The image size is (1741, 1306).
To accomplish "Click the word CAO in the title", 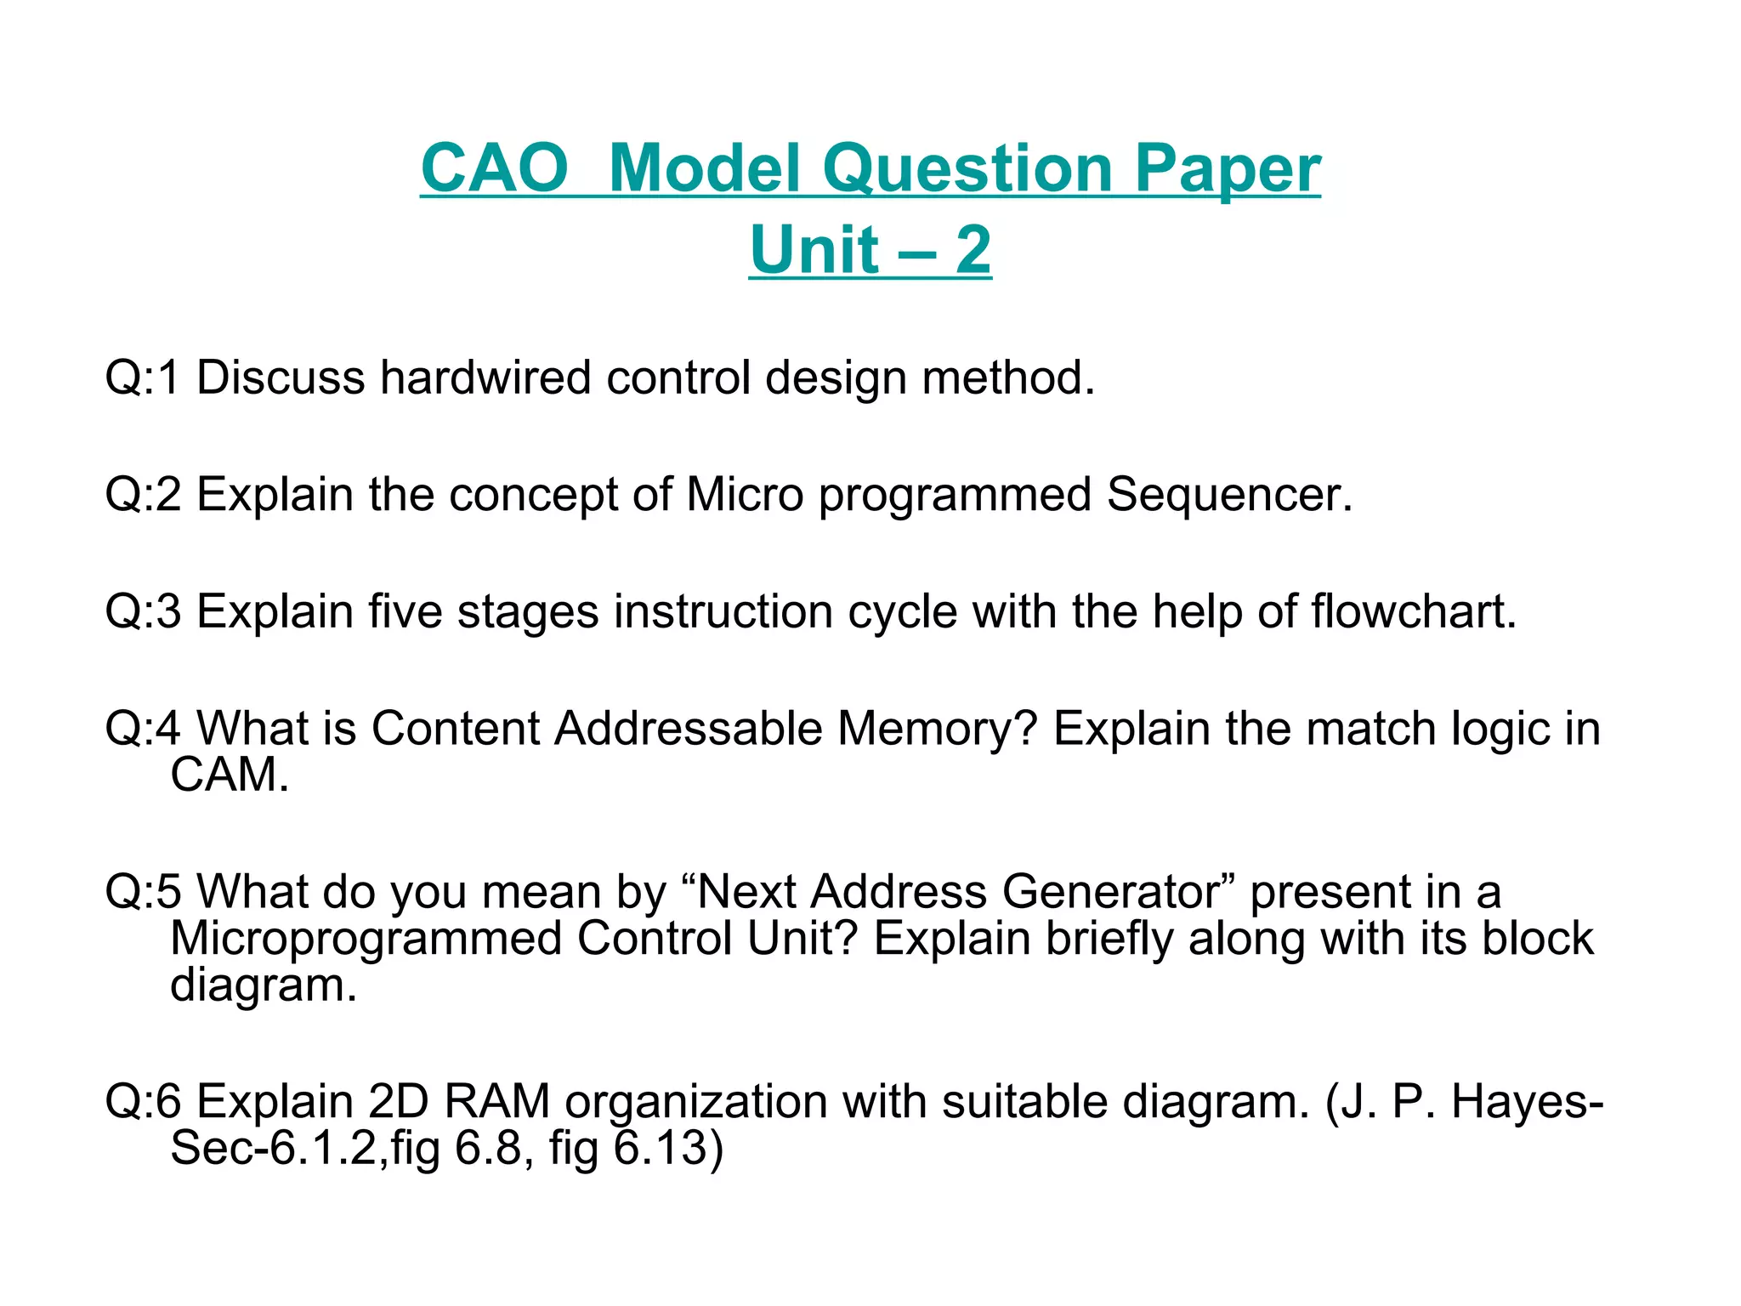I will [x=494, y=168].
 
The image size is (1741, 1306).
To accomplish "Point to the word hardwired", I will [x=485, y=377].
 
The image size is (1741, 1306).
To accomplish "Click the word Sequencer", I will [x=1228, y=494].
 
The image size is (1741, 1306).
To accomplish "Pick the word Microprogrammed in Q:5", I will [x=366, y=939].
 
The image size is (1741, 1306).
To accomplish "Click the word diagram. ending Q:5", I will [x=264, y=985].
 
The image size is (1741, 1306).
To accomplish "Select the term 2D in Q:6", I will [x=399, y=1102].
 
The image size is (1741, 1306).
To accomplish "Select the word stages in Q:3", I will [x=528, y=611].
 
